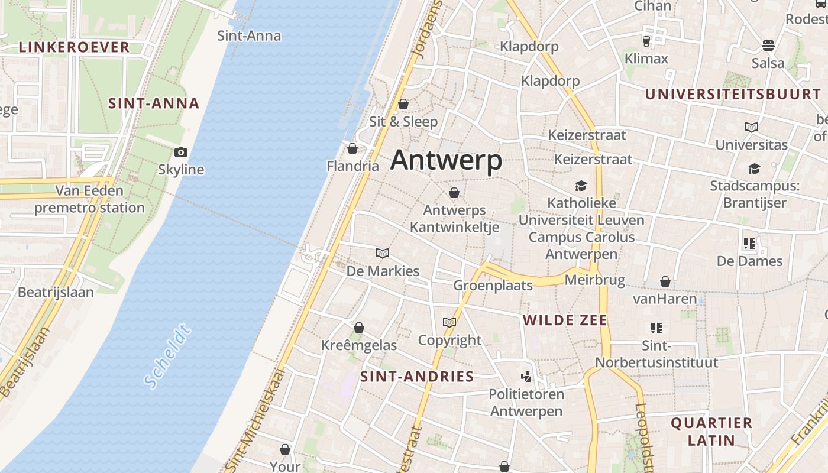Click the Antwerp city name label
(x=446, y=160)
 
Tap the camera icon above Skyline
(x=181, y=153)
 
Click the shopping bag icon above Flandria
(x=352, y=148)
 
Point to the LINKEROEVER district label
(x=74, y=47)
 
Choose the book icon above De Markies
(x=383, y=254)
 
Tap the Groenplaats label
(x=493, y=286)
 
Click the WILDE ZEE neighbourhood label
(x=565, y=320)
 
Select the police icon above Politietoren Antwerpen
(x=525, y=376)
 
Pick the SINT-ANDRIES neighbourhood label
(x=417, y=377)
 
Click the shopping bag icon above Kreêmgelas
(x=359, y=328)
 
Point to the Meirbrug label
(x=595, y=280)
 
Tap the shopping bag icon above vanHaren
(x=665, y=281)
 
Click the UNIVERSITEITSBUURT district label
(x=733, y=94)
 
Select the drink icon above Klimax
(x=646, y=41)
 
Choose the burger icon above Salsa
(x=768, y=46)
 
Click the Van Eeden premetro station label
(x=89, y=199)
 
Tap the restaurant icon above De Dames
(x=749, y=243)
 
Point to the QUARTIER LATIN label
(x=711, y=432)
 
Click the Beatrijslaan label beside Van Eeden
(x=56, y=292)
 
